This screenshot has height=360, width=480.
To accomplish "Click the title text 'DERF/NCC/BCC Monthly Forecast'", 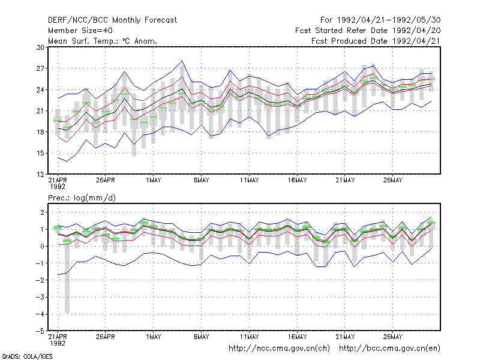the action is point(112,20).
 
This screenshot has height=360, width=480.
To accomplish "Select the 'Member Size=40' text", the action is point(80,31).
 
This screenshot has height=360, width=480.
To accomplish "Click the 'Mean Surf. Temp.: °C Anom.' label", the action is point(103,41).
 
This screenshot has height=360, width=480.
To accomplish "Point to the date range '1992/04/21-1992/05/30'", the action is point(389,20).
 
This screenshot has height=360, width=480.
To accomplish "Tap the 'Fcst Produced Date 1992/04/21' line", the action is point(376,41).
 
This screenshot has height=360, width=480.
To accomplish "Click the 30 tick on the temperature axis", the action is point(40,47).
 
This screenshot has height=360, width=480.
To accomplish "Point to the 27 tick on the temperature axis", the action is point(40,68).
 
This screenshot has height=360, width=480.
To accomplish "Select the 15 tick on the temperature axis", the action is point(40,153).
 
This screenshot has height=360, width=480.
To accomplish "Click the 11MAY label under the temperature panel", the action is point(249,180).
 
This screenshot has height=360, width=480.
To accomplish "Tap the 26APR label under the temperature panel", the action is point(106,180).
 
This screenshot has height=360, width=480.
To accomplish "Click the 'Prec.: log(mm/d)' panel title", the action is point(82,198).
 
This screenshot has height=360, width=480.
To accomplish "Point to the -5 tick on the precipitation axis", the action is point(40,331).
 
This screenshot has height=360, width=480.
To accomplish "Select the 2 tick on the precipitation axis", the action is point(42,212).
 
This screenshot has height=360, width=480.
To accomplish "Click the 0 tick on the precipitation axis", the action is point(42,246).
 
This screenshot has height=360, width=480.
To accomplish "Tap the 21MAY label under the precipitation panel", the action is point(345,337).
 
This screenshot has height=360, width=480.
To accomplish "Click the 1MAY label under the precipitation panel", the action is point(154,337).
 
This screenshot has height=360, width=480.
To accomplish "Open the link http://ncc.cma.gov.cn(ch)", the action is point(279,349).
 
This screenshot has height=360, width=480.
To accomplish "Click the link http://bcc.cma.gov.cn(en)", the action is point(389,349).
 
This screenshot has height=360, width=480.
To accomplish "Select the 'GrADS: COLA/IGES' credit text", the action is point(27,356).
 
